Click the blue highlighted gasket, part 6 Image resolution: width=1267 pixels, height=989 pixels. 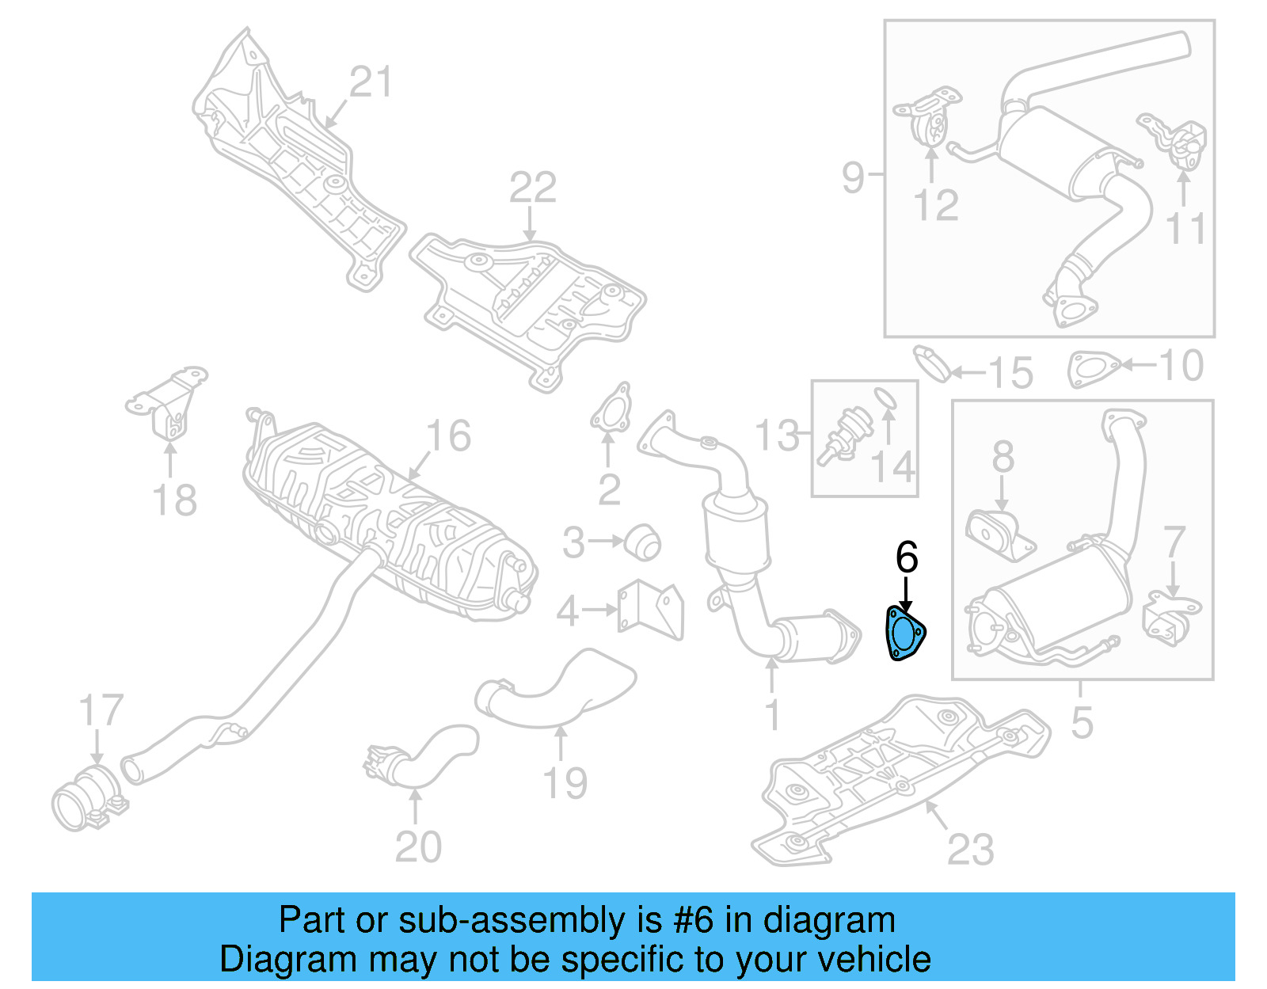(x=904, y=633)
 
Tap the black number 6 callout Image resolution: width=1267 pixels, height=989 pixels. (x=906, y=557)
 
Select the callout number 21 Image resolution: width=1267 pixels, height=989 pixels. (x=371, y=82)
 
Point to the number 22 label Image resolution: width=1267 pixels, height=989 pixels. (x=532, y=188)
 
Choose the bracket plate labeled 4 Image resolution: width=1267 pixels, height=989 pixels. (x=651, y=608)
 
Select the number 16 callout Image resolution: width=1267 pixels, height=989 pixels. (x=447, y=436)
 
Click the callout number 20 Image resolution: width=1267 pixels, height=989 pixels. (x=418, y=847)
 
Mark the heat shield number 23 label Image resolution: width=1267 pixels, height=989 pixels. (x=970, y=850)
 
